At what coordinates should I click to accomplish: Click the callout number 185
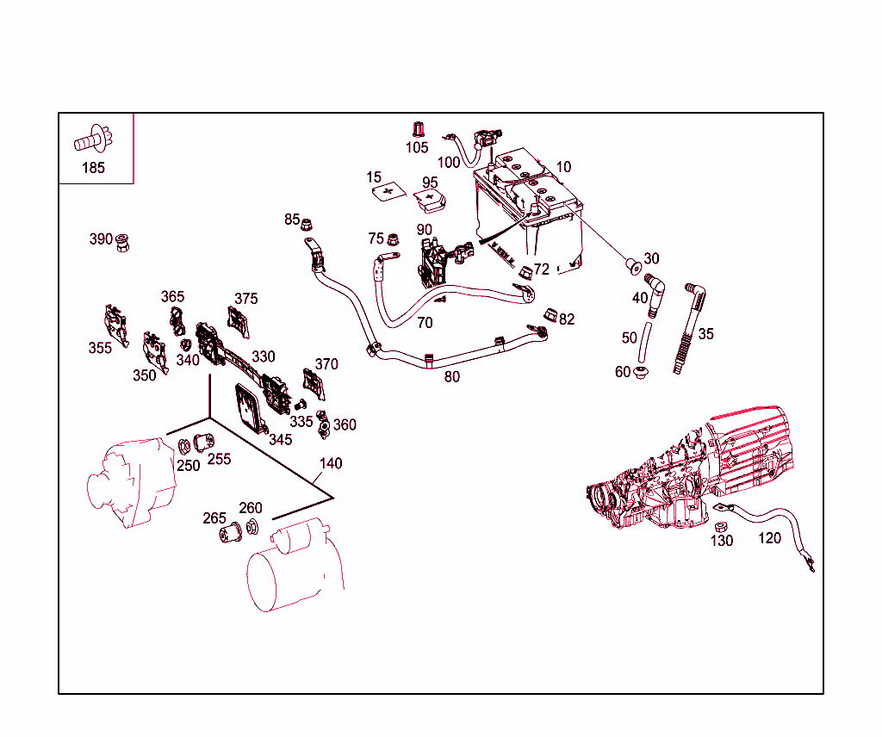point(93,168)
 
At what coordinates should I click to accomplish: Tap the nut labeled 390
point(123,243)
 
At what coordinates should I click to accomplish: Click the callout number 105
point(417,147)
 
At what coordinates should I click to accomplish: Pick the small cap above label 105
point(418,129)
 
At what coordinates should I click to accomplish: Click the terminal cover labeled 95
point(432,201)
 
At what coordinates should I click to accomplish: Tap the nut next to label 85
point(306,223)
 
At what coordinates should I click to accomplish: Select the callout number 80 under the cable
point(452,376)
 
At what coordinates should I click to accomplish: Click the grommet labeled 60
point(640,373)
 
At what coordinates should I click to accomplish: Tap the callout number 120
point(769,538)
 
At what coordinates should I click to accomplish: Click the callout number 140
point(331,463)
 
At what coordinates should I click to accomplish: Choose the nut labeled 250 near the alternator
point(183,446)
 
